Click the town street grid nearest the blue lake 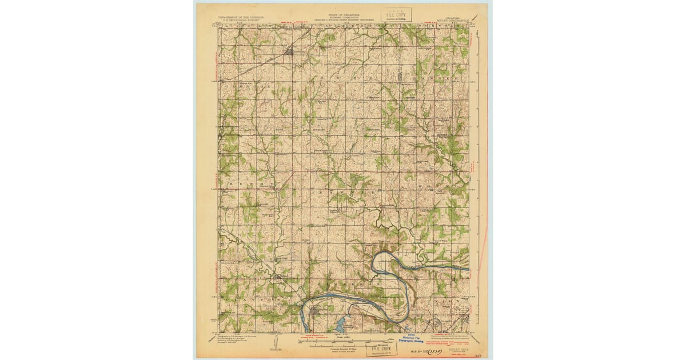[x=316, y=311]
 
